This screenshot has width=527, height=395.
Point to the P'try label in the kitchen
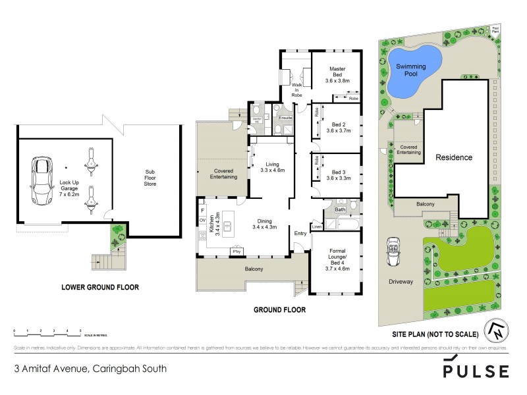point(235,251)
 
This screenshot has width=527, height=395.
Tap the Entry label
point(300,233)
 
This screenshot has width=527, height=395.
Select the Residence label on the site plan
point(453,157)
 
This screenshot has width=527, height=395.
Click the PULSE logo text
point(476,369)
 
